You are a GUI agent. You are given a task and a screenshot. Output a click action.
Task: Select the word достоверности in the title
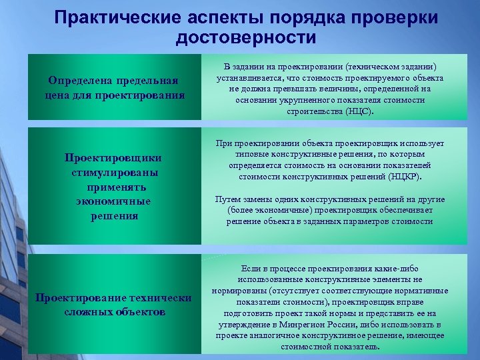click(246, 38)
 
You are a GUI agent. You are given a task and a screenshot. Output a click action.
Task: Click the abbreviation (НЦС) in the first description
click(360, 112)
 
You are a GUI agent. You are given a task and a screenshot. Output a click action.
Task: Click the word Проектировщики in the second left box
click(113, 158)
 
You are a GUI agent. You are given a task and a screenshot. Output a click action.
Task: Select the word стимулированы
click(113, 173)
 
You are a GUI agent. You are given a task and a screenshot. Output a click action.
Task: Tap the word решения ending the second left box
click(114, 216)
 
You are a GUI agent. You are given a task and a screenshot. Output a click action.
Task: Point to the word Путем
click(227, 199)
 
